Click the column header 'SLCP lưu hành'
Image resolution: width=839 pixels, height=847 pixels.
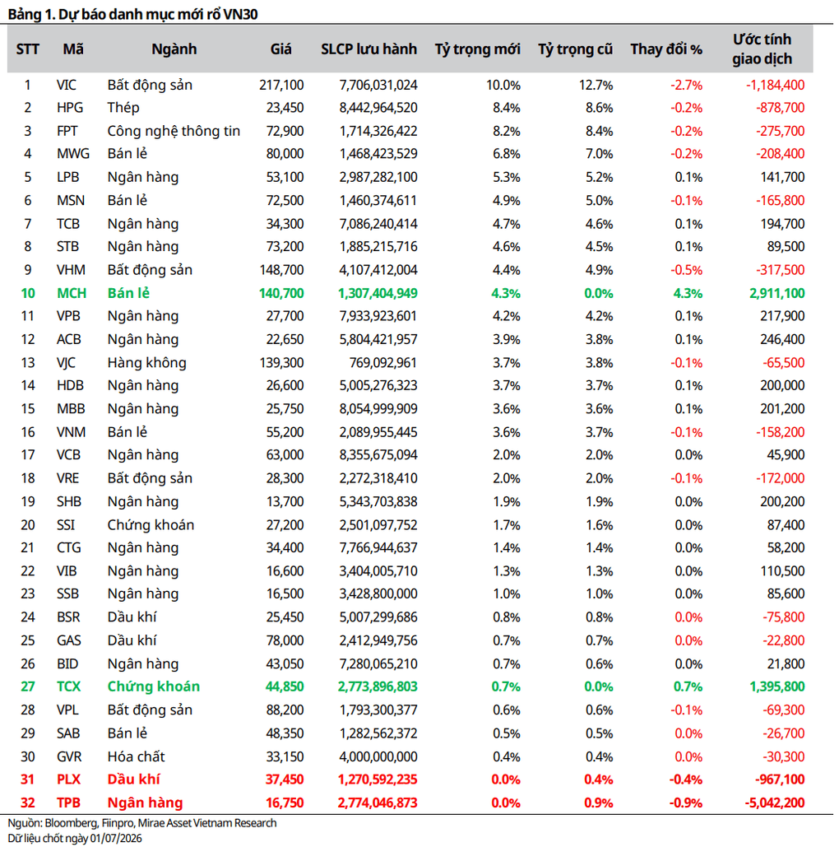pyautogui.click(x=369, y=49)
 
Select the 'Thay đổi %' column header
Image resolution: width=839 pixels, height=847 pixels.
pyautogui.click(x=666, y=49)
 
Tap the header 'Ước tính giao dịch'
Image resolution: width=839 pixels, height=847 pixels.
pyautogui.click(x=762, y=49)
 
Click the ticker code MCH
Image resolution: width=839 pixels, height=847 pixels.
pyautogui.click(x=72, y=293)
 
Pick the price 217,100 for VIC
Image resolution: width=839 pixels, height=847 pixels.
pyautogui.click(x=281, y=85)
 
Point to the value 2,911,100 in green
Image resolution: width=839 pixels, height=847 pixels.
pyautogui.click(x=777, y=293)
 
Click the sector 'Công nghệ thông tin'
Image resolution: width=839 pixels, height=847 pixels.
pyautogui.click(x=174, y=131)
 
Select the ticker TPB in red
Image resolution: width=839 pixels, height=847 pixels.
pyautogui.click(x=68, y=803)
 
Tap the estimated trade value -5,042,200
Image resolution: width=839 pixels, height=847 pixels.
pyautogui.click(x=775, y=803)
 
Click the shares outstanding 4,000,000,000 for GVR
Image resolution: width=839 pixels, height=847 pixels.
pyautogui.click(x=378, y=756)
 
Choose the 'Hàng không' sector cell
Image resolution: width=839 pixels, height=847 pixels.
pyautogui.click(x=147, y=362)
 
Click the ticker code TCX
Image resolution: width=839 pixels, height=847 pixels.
pyautogui.click(x=68, y=686)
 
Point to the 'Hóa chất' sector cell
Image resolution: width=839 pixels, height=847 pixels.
pyautogui.click(x=136, y=756)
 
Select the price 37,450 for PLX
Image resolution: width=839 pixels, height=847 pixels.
pyautogui.click(x=285, y=780)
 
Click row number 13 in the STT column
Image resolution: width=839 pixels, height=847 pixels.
pyautogui.click(x=27, y=362)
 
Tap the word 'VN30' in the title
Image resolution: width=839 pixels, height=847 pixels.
pyautogui.click(x=241, y=14)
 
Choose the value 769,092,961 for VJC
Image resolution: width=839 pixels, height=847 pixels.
pyautogui.click(x=383, y=362)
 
